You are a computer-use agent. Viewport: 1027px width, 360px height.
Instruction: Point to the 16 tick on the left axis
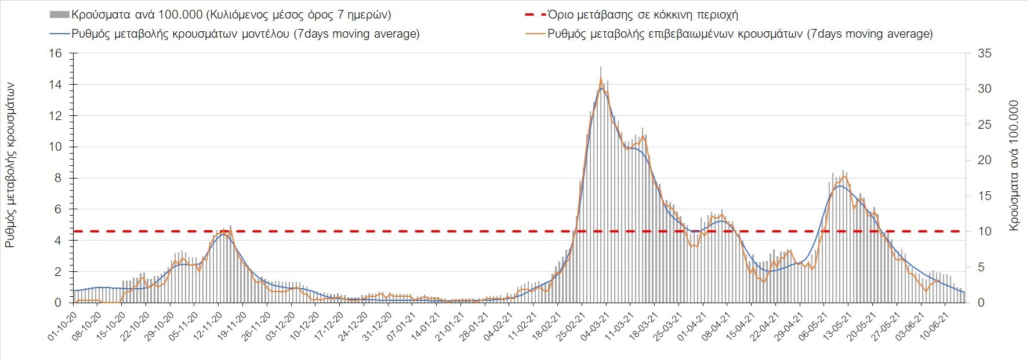(56, 53)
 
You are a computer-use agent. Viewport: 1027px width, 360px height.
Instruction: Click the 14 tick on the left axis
(56, 85)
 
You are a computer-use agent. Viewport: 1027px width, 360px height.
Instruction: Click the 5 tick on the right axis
(981, 267)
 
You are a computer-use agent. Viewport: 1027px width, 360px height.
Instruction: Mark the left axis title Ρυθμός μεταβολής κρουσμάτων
(10, 165)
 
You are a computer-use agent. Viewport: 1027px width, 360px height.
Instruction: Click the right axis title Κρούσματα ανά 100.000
(1014, 166)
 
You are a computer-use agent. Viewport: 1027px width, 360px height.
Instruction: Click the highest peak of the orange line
(601, 78)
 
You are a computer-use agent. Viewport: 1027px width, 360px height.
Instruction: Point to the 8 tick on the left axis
(58, 178)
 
